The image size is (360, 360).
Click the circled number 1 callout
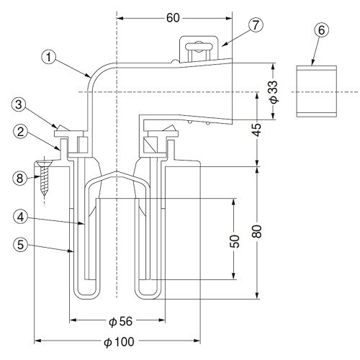click(49, 58)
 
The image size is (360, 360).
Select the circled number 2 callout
click(20, 132)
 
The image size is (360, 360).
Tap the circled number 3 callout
click(19, 104)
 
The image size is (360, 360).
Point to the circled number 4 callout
click(21, 217)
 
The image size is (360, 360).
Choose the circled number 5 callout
click(21, 245)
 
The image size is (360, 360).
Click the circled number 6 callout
click(321, 30)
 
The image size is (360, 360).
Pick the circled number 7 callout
click(256, 25)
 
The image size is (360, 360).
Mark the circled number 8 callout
click(19, 178)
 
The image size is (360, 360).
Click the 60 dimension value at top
click(173, 18)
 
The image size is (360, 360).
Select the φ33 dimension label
click(274, 92)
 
